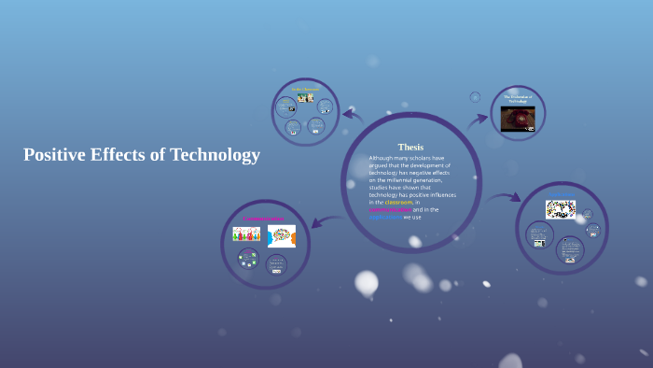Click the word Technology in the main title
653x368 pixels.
215,155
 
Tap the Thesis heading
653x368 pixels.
410,147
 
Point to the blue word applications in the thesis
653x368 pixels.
385,218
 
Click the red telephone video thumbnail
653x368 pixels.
518,119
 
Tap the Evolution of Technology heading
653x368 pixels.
518,99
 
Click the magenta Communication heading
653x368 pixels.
263,219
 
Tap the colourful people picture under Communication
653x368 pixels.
246,234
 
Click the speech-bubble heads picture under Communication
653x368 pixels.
281,235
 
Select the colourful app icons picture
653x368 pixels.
560,209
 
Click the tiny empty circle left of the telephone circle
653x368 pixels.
475,96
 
